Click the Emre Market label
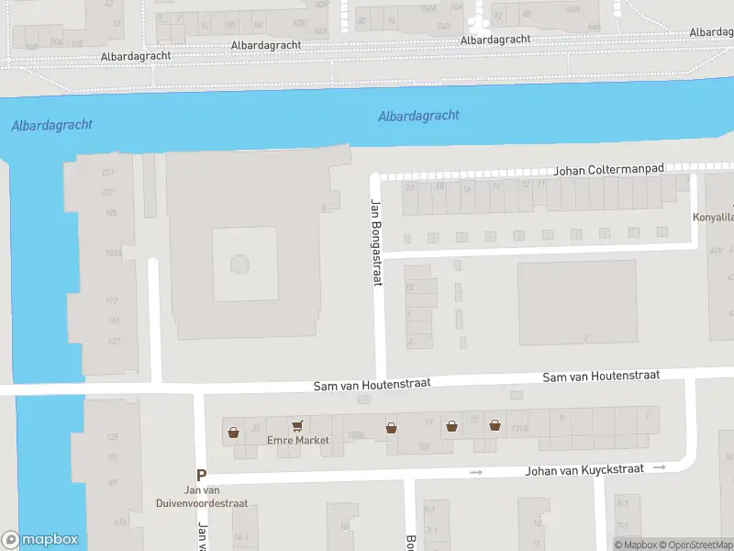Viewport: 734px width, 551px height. tap(297, 441)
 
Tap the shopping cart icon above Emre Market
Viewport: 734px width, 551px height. tap(296, 426)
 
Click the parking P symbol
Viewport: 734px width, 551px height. tap(202, 476)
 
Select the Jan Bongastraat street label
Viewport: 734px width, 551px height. tap(375, 242)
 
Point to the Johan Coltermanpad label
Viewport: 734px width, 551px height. tap(608, 171)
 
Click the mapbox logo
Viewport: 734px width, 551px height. tap(40, 540)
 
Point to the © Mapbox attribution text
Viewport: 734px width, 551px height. tap(637, 545)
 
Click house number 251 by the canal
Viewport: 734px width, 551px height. tap(108, 173)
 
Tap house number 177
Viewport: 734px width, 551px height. tap(112, 301)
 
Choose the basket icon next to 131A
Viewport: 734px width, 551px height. tap(495, 425)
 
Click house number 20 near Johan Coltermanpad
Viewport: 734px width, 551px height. tap(409, 187)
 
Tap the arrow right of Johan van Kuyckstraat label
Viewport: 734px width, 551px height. tap(659, 467)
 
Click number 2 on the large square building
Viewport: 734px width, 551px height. tap(585, 337)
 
